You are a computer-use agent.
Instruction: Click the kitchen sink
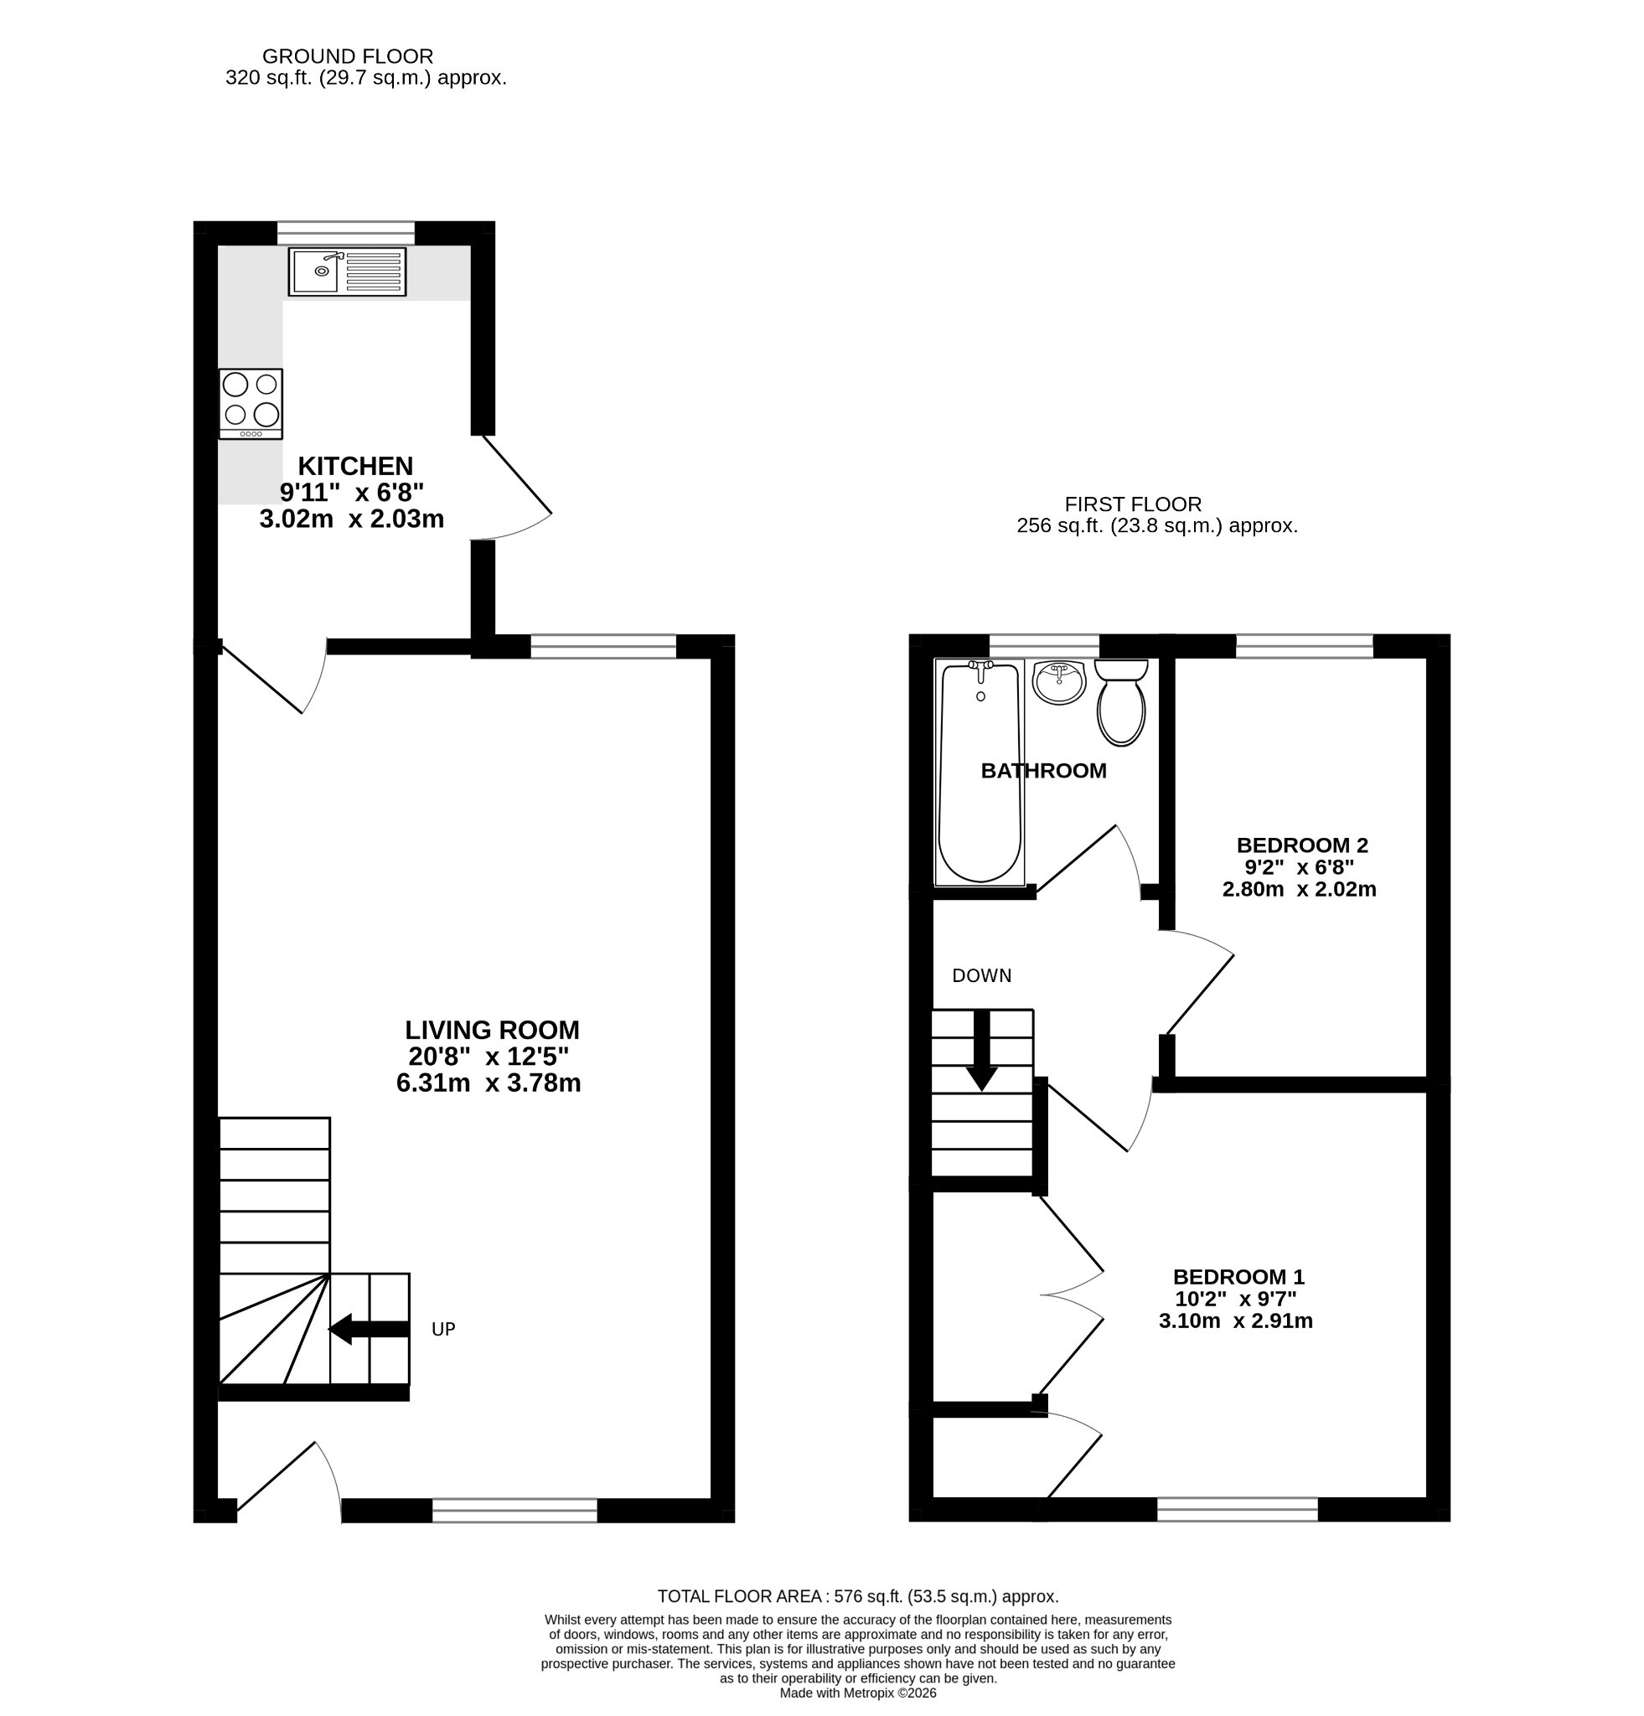(347, 271)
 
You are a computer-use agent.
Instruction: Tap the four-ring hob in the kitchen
(251, 404)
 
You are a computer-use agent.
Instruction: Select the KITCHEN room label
(355, 466)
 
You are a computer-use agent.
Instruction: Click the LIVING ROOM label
(492, 1030)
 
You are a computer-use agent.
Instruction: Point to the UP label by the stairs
(443, 1329)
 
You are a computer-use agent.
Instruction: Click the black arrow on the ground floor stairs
(369, 1329)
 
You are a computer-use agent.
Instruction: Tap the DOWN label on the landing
(981, 975)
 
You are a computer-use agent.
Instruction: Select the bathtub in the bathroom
(980, 772)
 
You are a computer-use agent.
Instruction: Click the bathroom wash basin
(1058, 682)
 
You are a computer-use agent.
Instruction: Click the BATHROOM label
(1043, 771)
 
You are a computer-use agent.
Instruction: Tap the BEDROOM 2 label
(1302, 845)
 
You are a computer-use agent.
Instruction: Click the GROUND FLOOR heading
(348, 56)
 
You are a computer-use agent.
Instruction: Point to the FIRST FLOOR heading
(1133, 504)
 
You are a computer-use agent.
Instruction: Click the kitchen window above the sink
(346, 233)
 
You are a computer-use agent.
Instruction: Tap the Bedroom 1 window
(1237, 1509)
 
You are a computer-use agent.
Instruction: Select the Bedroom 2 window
(1305, 646)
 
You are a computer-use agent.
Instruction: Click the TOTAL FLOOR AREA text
(858, 1596)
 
